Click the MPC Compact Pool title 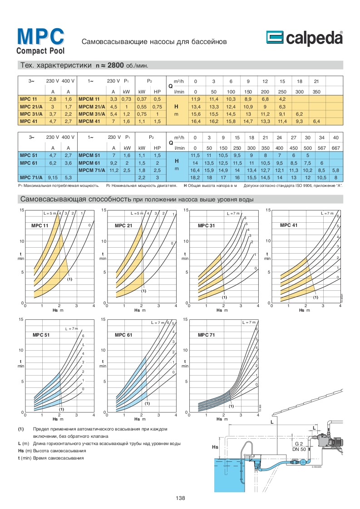click(x=40, y=41)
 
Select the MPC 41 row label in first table click(x=29, y=121)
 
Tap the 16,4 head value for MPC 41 click(x=196, y=121)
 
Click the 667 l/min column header click(x=335, y=148)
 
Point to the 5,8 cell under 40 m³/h click(x=335, y=170)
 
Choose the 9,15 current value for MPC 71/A click(x=53, y=177)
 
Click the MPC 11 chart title click(x=40, y=225)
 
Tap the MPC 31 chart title click(x=207, y=225)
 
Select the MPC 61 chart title click(x=123, y=335)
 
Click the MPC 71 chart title click(x=207, y=335)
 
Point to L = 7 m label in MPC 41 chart click(x=327, y=213)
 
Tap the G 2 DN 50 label click(x=299, y=446)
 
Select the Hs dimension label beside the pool click(x=216, y=447)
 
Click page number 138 click(x=180, y=498)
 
